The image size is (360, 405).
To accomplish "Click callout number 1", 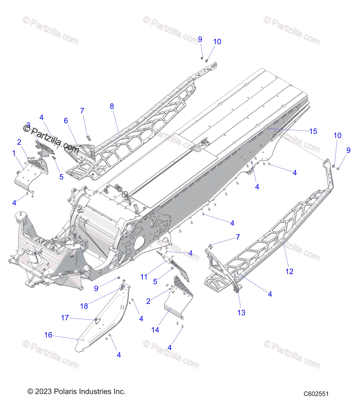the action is click(x=14, y=153).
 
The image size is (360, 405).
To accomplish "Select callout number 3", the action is click(x=28, y=125).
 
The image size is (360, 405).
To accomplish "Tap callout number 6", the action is click(x=66, y=120).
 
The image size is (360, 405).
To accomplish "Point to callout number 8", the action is click(x=112, y=106).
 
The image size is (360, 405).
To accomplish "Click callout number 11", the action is click(x=144, y=277).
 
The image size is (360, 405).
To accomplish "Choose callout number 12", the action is click(x=289, y=271).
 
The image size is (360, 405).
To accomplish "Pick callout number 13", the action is click(x=241, y=313).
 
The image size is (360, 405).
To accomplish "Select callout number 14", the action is click(x=155, y=330).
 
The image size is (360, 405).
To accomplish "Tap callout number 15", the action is click(x=313, y=131).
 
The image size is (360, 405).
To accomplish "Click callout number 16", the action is click(x=48, y=335).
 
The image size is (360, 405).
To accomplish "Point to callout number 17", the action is click(x=65, y=318).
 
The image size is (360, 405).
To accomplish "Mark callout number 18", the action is click(x=84, y=306).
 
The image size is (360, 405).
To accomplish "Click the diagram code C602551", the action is click(x=316, y=394).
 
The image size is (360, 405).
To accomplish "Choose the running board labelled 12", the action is click(x=270, y=243).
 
